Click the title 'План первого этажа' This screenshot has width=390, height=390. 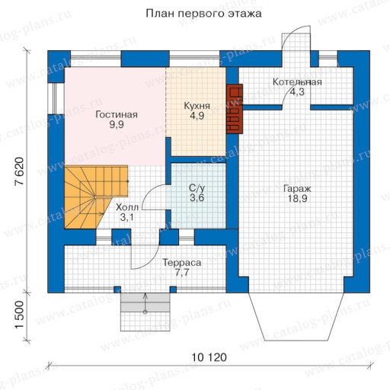[x=203, y=14]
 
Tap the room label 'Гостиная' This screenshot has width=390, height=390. [x=117, y=115]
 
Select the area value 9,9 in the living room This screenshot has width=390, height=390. [x=117, y=125]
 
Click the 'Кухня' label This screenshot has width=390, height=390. [x=197, y=106]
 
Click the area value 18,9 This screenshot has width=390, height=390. [x=297, y=199]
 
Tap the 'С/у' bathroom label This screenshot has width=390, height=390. [x=197, y=188]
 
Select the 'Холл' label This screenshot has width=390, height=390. [x=127, y=207]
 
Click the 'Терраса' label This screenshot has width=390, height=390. [x=182, y=263]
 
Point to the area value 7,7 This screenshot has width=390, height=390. [x=182, y=273]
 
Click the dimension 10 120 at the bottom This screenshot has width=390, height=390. [x=209, y=357]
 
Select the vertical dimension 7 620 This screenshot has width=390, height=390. [x=19, y=171]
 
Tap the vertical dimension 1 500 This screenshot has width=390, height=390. [x=19, y=315]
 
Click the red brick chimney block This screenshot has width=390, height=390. [x=235, y=109]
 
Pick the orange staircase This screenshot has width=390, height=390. [x=96, y=197]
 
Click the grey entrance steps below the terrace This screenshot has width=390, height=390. [x=145, y=303]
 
